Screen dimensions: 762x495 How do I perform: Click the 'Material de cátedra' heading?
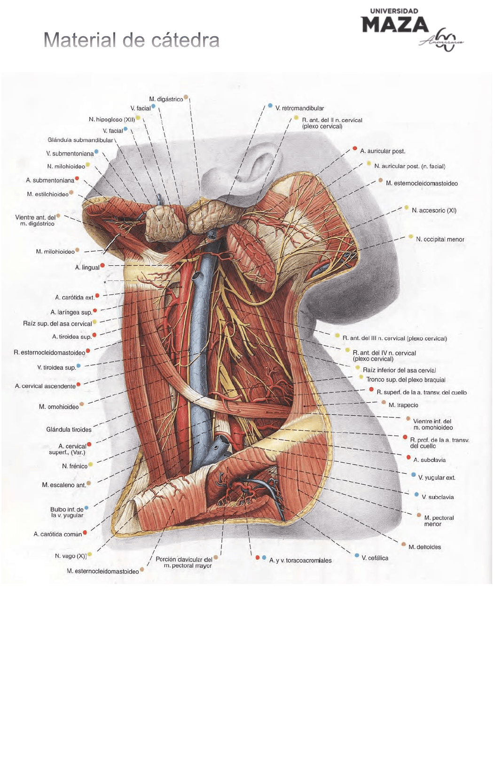pos(131,40)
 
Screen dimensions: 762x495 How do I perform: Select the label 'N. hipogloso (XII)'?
pos(112,120)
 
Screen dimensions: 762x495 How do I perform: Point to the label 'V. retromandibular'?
pos(299,109)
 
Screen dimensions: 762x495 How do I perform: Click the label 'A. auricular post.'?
pos(382,151)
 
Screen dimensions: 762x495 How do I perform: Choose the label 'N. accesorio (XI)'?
pos(434,210)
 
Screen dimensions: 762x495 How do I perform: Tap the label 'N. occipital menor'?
pos(440,240)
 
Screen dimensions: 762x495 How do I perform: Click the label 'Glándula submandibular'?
pos(80,140)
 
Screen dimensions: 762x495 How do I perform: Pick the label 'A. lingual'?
pos(87,268)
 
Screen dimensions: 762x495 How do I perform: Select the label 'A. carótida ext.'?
pos(75,298)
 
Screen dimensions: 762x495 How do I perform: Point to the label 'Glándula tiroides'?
pos(69,430)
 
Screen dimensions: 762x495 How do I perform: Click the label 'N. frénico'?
pos(75,467)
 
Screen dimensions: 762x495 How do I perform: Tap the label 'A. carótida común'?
pos(58,535)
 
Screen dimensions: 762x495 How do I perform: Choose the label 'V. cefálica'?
pos(375,559)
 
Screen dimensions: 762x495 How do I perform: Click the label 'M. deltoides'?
pos(424,547)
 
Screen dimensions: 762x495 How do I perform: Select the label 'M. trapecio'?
pos(403,405)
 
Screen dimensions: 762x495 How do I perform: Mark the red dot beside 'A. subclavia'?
pos(409,458)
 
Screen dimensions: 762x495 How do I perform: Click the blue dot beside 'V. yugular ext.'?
pos(414,475)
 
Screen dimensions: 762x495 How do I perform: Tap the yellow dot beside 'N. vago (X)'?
pos(90,555)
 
